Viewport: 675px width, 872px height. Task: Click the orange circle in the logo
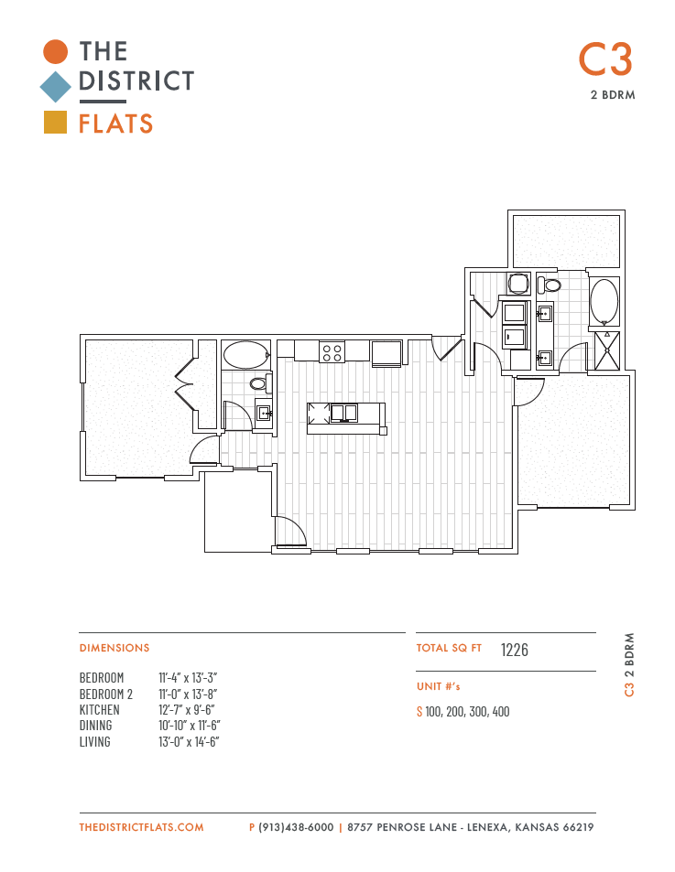tap(56, 51)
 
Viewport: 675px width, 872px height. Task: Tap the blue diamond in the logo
tap(56, 87)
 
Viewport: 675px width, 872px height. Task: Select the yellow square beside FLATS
tap(56, 123)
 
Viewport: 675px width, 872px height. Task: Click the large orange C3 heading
tap(605, 59)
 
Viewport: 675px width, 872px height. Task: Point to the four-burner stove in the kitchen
tap(332, 352)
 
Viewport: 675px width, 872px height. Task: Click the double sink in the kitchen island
tap(343, 414)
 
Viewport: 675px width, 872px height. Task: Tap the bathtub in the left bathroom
tap(246, 355)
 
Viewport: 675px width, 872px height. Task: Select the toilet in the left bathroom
tap(260, 382)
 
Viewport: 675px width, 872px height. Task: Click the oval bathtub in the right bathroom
tap(604, 301)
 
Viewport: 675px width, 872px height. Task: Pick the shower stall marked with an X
tap(606, 350)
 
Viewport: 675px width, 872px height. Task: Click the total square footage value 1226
tap(514, 650)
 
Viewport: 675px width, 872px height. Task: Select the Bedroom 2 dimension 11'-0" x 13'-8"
tap(188, 694)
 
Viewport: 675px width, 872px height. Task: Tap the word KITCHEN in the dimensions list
tap(100, 710)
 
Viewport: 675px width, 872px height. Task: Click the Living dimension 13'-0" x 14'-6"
tap(189, 742)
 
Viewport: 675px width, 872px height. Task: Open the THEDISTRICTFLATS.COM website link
tap(141, 827)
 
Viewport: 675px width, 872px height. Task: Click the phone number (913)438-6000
tap(296, 827)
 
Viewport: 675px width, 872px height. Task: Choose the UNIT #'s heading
tap(439, 686)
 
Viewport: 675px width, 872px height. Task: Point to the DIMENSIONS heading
tap(114, 648)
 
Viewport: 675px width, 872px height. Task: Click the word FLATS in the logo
tap(115, 124)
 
